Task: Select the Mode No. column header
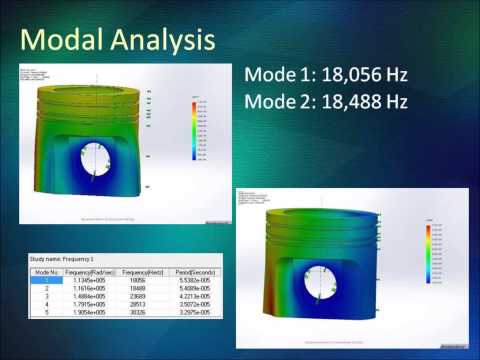pos(43,272)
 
